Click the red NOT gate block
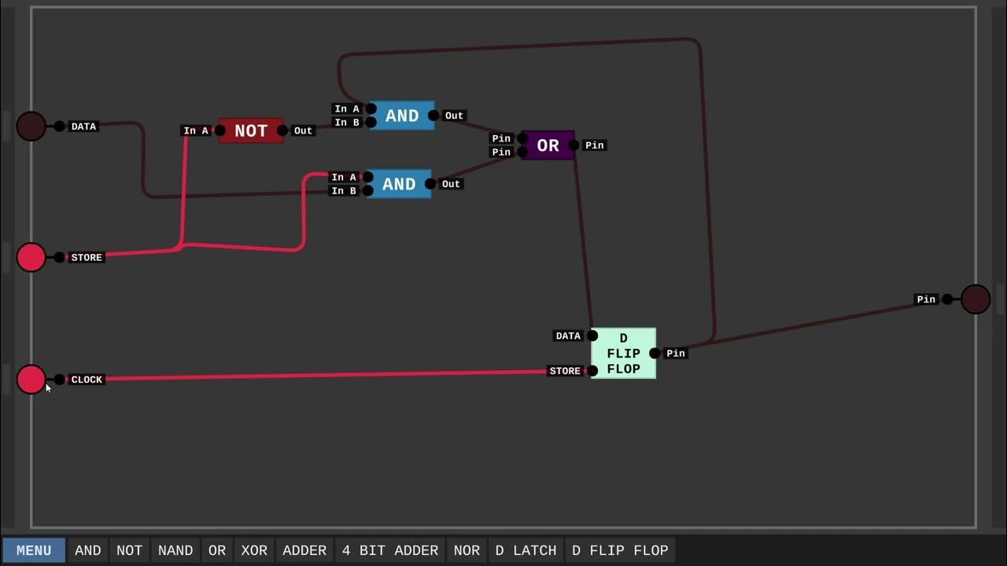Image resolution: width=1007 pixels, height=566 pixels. click(251, 130)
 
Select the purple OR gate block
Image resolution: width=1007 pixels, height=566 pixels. click(548, 145)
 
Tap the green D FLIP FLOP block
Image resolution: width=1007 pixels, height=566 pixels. click(623, 353)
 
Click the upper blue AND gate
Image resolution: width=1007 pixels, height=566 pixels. click(401, 116)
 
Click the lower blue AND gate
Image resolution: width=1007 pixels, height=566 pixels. click(398, 184)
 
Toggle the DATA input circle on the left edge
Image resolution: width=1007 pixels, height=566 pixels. click(31, 126)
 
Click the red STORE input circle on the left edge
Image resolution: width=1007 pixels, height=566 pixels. click(31, 257)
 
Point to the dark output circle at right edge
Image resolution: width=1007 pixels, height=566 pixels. click(976, 299)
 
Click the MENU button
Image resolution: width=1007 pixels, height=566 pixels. click(34, 550)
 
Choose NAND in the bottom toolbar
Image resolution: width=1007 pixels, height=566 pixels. click(175, 550)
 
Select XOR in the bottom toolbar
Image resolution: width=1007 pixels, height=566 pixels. click(254, 550)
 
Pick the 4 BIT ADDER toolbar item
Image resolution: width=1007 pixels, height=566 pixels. click(389, 550)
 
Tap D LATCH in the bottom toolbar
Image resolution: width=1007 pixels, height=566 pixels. click(526, 550)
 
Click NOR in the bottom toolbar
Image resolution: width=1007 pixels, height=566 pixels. click(467, 550)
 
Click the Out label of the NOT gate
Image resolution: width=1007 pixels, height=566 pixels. click(303, 130)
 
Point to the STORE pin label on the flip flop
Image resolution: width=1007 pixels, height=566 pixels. click(565, 371)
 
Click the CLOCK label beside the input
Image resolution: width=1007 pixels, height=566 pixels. click(87, 380)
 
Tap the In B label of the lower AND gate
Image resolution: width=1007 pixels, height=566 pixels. click(344, 191)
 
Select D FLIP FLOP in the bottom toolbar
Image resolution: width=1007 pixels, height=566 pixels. click(620, 550)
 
